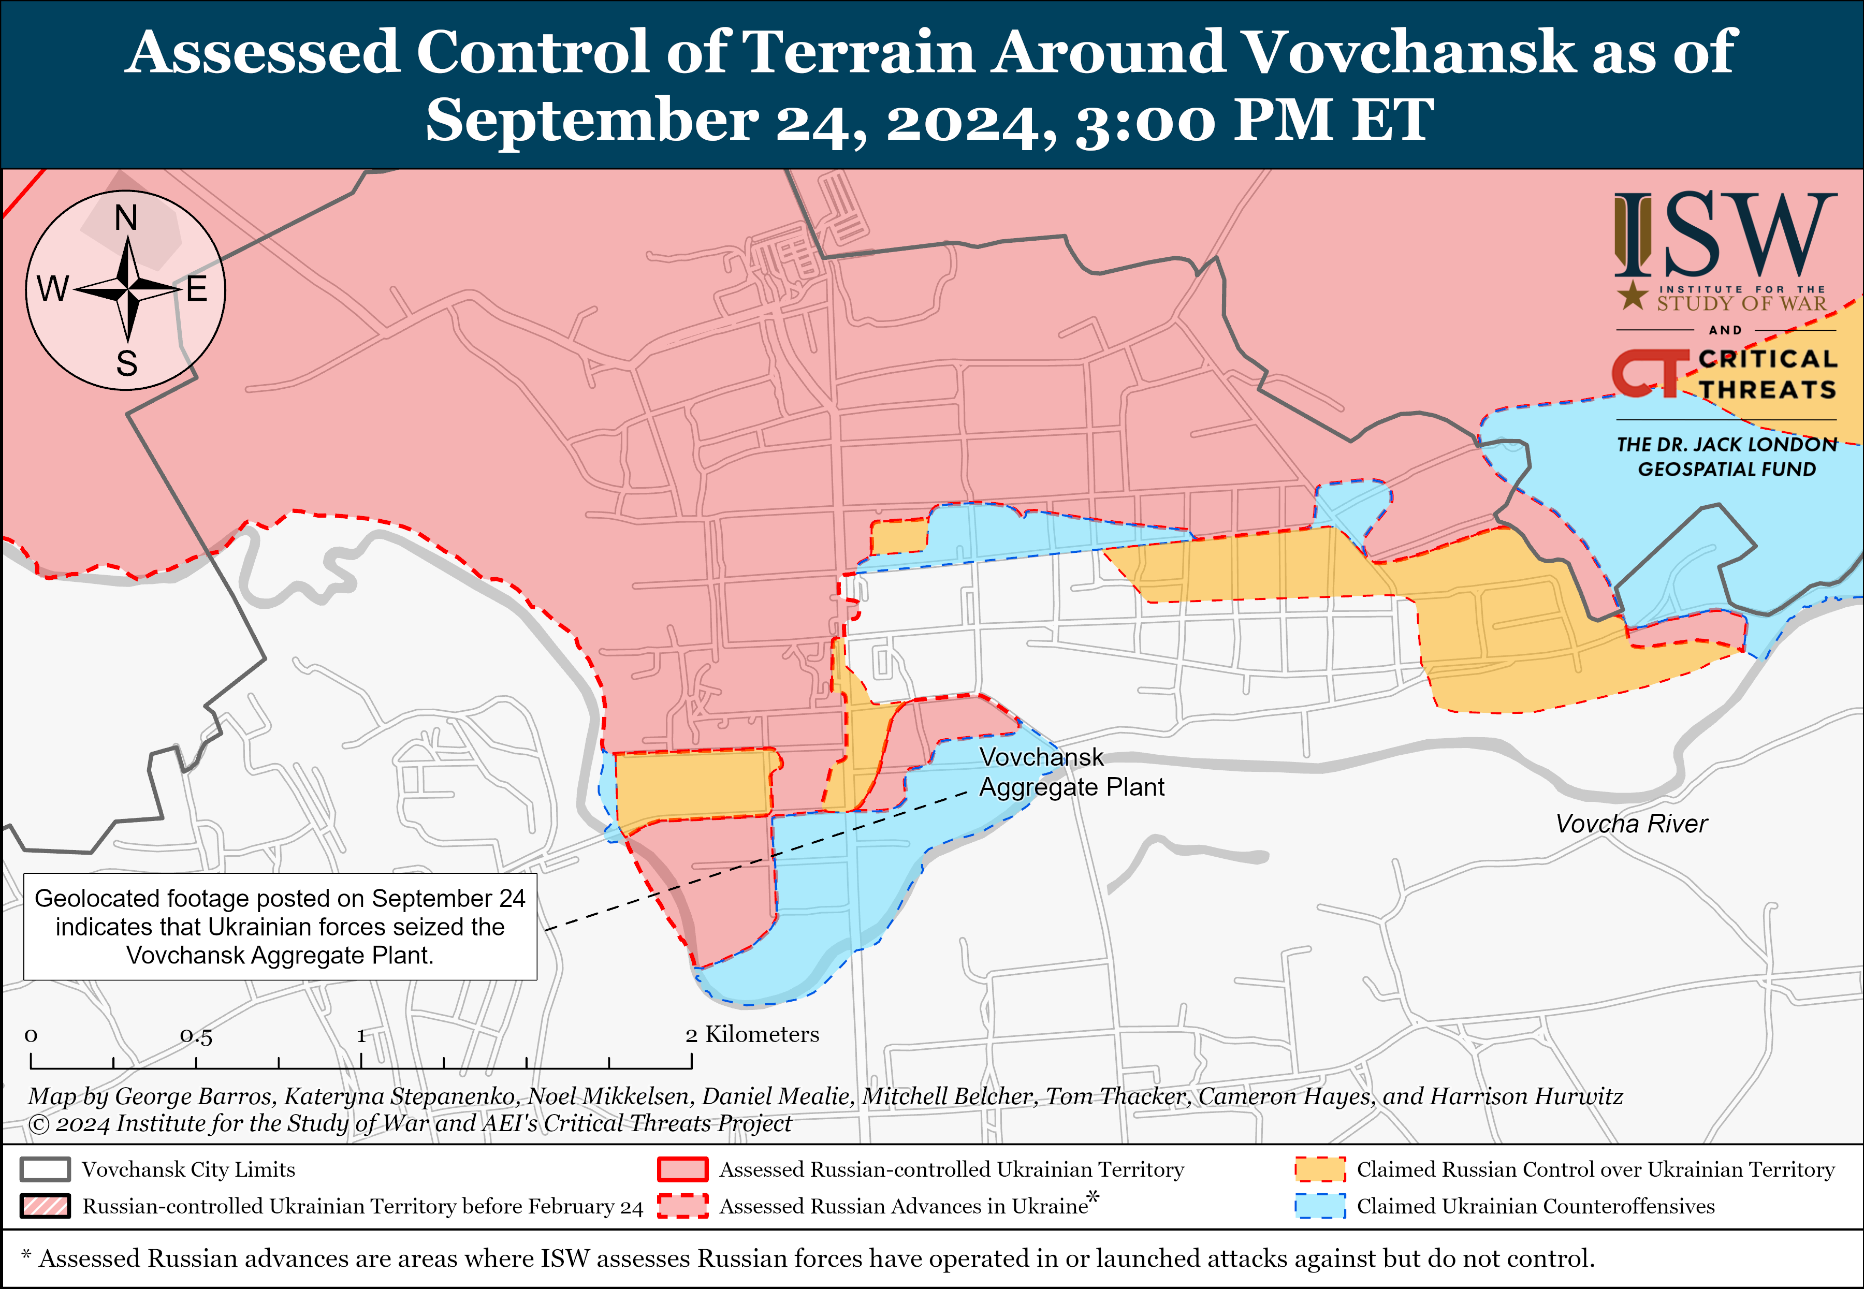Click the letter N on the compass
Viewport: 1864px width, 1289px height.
pos(126,218)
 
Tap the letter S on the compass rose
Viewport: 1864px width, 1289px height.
pos(127,363)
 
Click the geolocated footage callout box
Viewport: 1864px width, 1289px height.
pos(280,926)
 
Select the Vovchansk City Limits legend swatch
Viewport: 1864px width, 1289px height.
pos(45,1169)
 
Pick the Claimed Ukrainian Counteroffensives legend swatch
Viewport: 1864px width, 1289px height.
pos(1320,1206)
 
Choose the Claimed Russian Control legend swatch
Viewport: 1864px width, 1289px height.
pos(1320,1169)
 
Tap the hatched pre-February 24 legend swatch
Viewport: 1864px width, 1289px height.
pos(45,1206)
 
